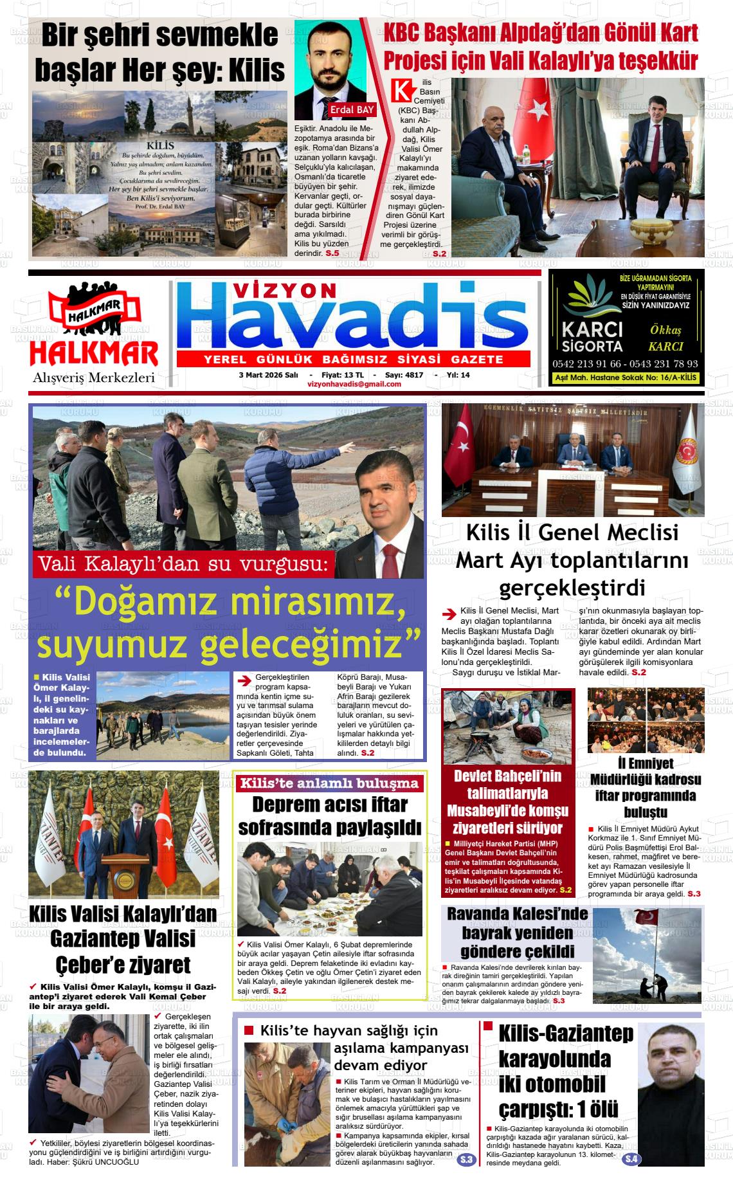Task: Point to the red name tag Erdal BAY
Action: [352, 110]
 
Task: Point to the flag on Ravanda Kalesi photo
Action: [646, 917]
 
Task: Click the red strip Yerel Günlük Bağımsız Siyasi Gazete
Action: [353, 359]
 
